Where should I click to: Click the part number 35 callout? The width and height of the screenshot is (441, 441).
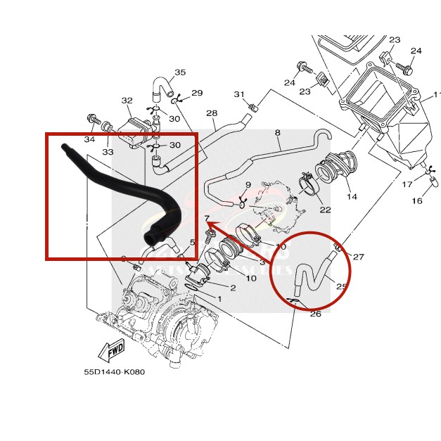tap(180, 73)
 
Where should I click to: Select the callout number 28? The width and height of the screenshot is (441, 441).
tap(211, 113)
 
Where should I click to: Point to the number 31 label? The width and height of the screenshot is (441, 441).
tap(239, 95)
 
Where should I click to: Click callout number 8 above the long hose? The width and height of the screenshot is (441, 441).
tap(277, 132)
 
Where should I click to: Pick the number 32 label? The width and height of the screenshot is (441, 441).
tap(127, 101)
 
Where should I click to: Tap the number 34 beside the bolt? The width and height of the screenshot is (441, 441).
tap(89, 139)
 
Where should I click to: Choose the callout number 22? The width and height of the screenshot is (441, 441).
tap(325, 210)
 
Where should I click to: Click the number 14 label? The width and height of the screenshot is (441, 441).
tap(352, 197)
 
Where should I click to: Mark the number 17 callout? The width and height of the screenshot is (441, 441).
tap(407, 185)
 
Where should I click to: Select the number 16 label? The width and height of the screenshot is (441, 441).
tap(417, 201)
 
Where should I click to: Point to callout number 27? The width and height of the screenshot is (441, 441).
tap(359, 257)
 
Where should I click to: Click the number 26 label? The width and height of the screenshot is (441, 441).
tap(316, 314)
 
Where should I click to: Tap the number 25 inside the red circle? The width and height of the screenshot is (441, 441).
tap(342, 287)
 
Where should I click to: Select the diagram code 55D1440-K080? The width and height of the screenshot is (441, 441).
tap(113, 372)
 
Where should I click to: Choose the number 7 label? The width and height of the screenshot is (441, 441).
tap(207, 219)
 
